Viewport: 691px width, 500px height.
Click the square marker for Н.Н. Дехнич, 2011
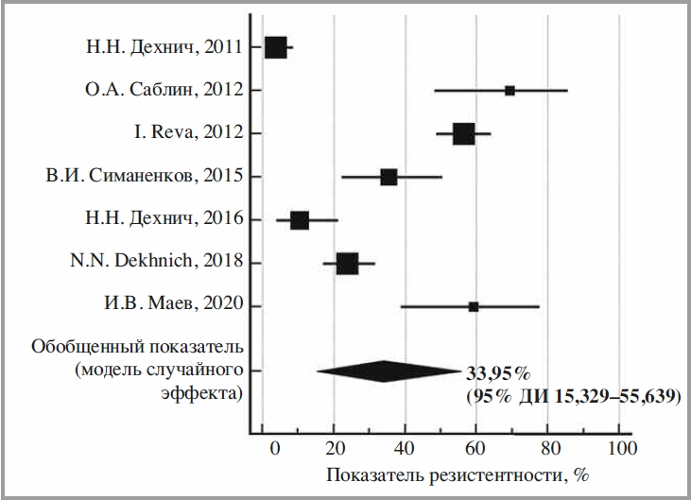[275, 47]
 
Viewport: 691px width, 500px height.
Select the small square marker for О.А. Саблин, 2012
[510, 91]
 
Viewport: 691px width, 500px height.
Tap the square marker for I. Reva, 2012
[463, 133]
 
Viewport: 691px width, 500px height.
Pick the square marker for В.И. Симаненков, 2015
[389, 177]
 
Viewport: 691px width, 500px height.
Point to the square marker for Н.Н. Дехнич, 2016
[299, 220]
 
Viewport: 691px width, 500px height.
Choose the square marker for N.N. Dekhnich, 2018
[347, 264]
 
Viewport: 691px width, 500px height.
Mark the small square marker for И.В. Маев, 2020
[474, 306]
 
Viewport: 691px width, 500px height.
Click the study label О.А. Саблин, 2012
[164, 91]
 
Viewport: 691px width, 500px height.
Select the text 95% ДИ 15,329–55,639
[572, 396]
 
